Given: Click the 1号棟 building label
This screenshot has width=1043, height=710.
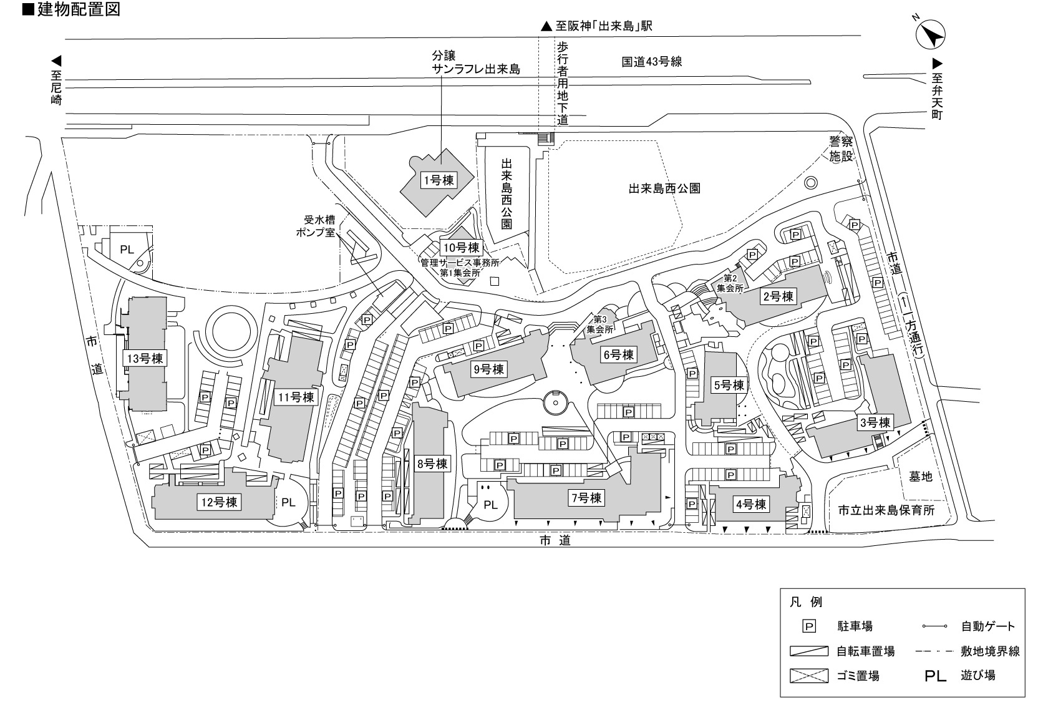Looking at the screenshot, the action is pos(438,180).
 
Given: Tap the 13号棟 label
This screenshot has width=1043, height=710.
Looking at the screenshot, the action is pos(145,359).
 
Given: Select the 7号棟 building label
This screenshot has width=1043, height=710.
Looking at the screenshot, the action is pos(586,498).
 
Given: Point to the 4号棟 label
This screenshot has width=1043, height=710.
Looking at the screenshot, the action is pos(750,504).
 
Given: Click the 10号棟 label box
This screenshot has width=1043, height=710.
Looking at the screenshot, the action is pos(461,247).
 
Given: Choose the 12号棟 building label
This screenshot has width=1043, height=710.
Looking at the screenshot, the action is pos(219,502).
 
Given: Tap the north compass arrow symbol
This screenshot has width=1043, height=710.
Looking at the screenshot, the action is pos(931,34).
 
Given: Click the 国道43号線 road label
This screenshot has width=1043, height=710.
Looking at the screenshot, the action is pos(651,62).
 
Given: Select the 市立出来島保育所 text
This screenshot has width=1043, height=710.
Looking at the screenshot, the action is pos(886,510).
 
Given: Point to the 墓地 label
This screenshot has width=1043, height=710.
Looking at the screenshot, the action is pos(921,476).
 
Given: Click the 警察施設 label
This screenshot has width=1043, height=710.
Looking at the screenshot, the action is pos(840,149).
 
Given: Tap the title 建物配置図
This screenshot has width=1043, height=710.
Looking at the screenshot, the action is pos(78,9).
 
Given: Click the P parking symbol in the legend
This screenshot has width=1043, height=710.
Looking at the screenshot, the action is pos(809,626).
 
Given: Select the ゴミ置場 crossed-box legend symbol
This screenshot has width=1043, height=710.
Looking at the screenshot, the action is pos(809,676).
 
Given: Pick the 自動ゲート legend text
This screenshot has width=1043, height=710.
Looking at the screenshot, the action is pos(988,626).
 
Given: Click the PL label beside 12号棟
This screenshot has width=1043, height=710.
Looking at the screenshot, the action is pos(288,502).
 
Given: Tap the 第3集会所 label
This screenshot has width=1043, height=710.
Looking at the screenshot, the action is pos(599,324).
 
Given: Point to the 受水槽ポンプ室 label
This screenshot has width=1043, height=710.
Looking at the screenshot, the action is pos(316,226).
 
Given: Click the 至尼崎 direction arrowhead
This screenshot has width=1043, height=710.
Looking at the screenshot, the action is pos(56,61).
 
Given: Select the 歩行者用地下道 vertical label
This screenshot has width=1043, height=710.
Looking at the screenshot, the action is pos(563,84).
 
